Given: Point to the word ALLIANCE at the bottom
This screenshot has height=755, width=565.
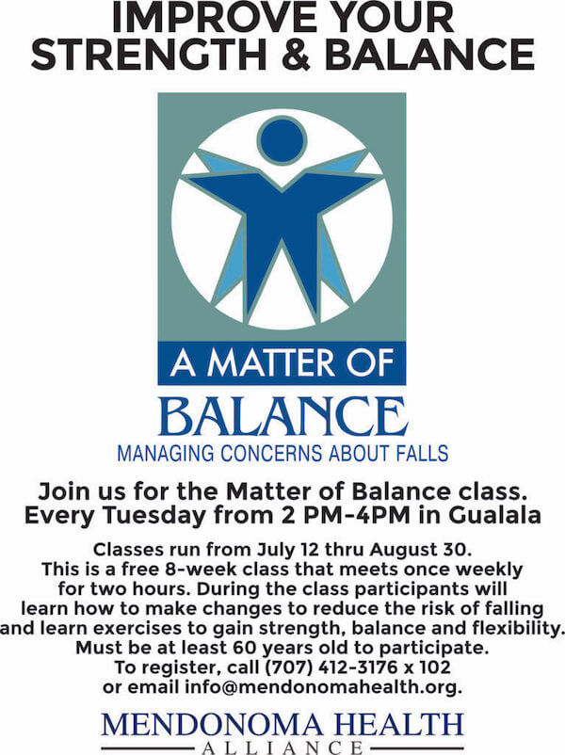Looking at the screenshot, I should (x=282, y=747).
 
